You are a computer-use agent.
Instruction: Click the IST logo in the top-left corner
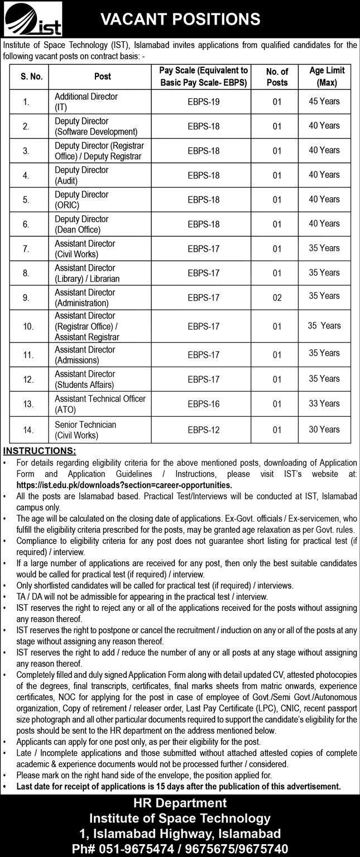(x=33, y=20)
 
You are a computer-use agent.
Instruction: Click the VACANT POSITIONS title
(x=180, y=20)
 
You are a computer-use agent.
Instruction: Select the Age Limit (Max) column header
(x=327, y=76)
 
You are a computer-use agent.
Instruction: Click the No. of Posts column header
(x=277, y=77)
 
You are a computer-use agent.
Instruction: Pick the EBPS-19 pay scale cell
(x=204, y=102)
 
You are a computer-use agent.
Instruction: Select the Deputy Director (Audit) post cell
(x=81, y=175)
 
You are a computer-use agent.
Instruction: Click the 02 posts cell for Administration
(x=277, y=298)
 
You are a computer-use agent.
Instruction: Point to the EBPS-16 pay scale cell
(x=204, y=404)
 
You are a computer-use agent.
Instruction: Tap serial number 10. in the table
(x=28, y=326)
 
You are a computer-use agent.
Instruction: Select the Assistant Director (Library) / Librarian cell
(x=87, y=273)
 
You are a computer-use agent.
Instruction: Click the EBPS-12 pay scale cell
(x=204, y=430)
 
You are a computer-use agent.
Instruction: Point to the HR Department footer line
(x=180, y=803)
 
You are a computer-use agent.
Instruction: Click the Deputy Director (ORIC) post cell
(x=81, y=200)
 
